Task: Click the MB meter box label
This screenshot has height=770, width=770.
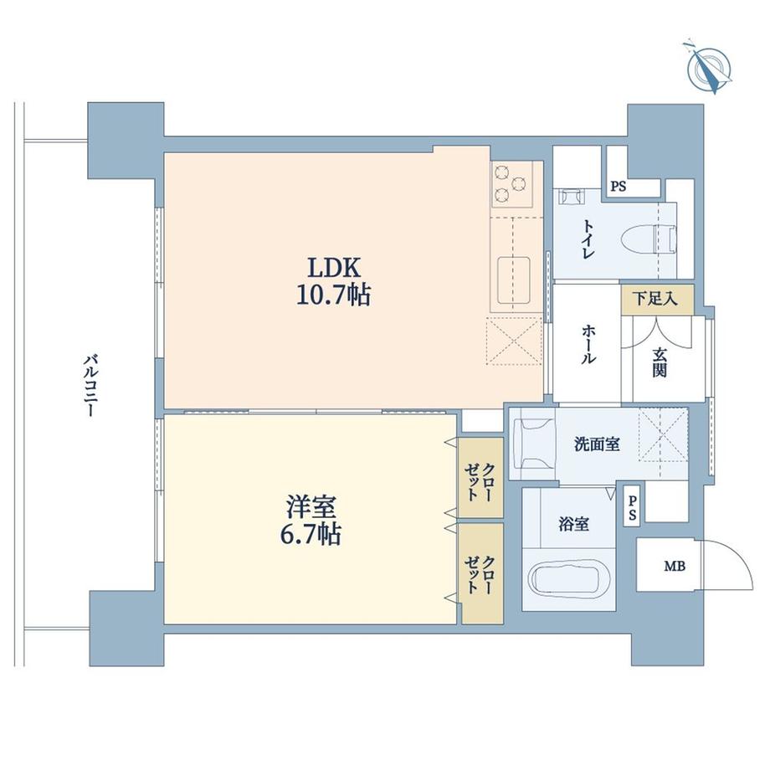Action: tap(675, 567)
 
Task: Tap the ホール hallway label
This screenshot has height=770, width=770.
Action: tap(588, 344)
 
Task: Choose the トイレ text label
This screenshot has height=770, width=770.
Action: tap(588, 239)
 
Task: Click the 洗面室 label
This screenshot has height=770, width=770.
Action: tap(596, 444)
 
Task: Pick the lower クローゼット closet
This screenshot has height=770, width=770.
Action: tap(480, 573)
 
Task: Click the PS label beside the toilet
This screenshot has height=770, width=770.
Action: tap(618, 187)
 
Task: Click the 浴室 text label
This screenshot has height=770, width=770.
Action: tap(573, 525)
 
